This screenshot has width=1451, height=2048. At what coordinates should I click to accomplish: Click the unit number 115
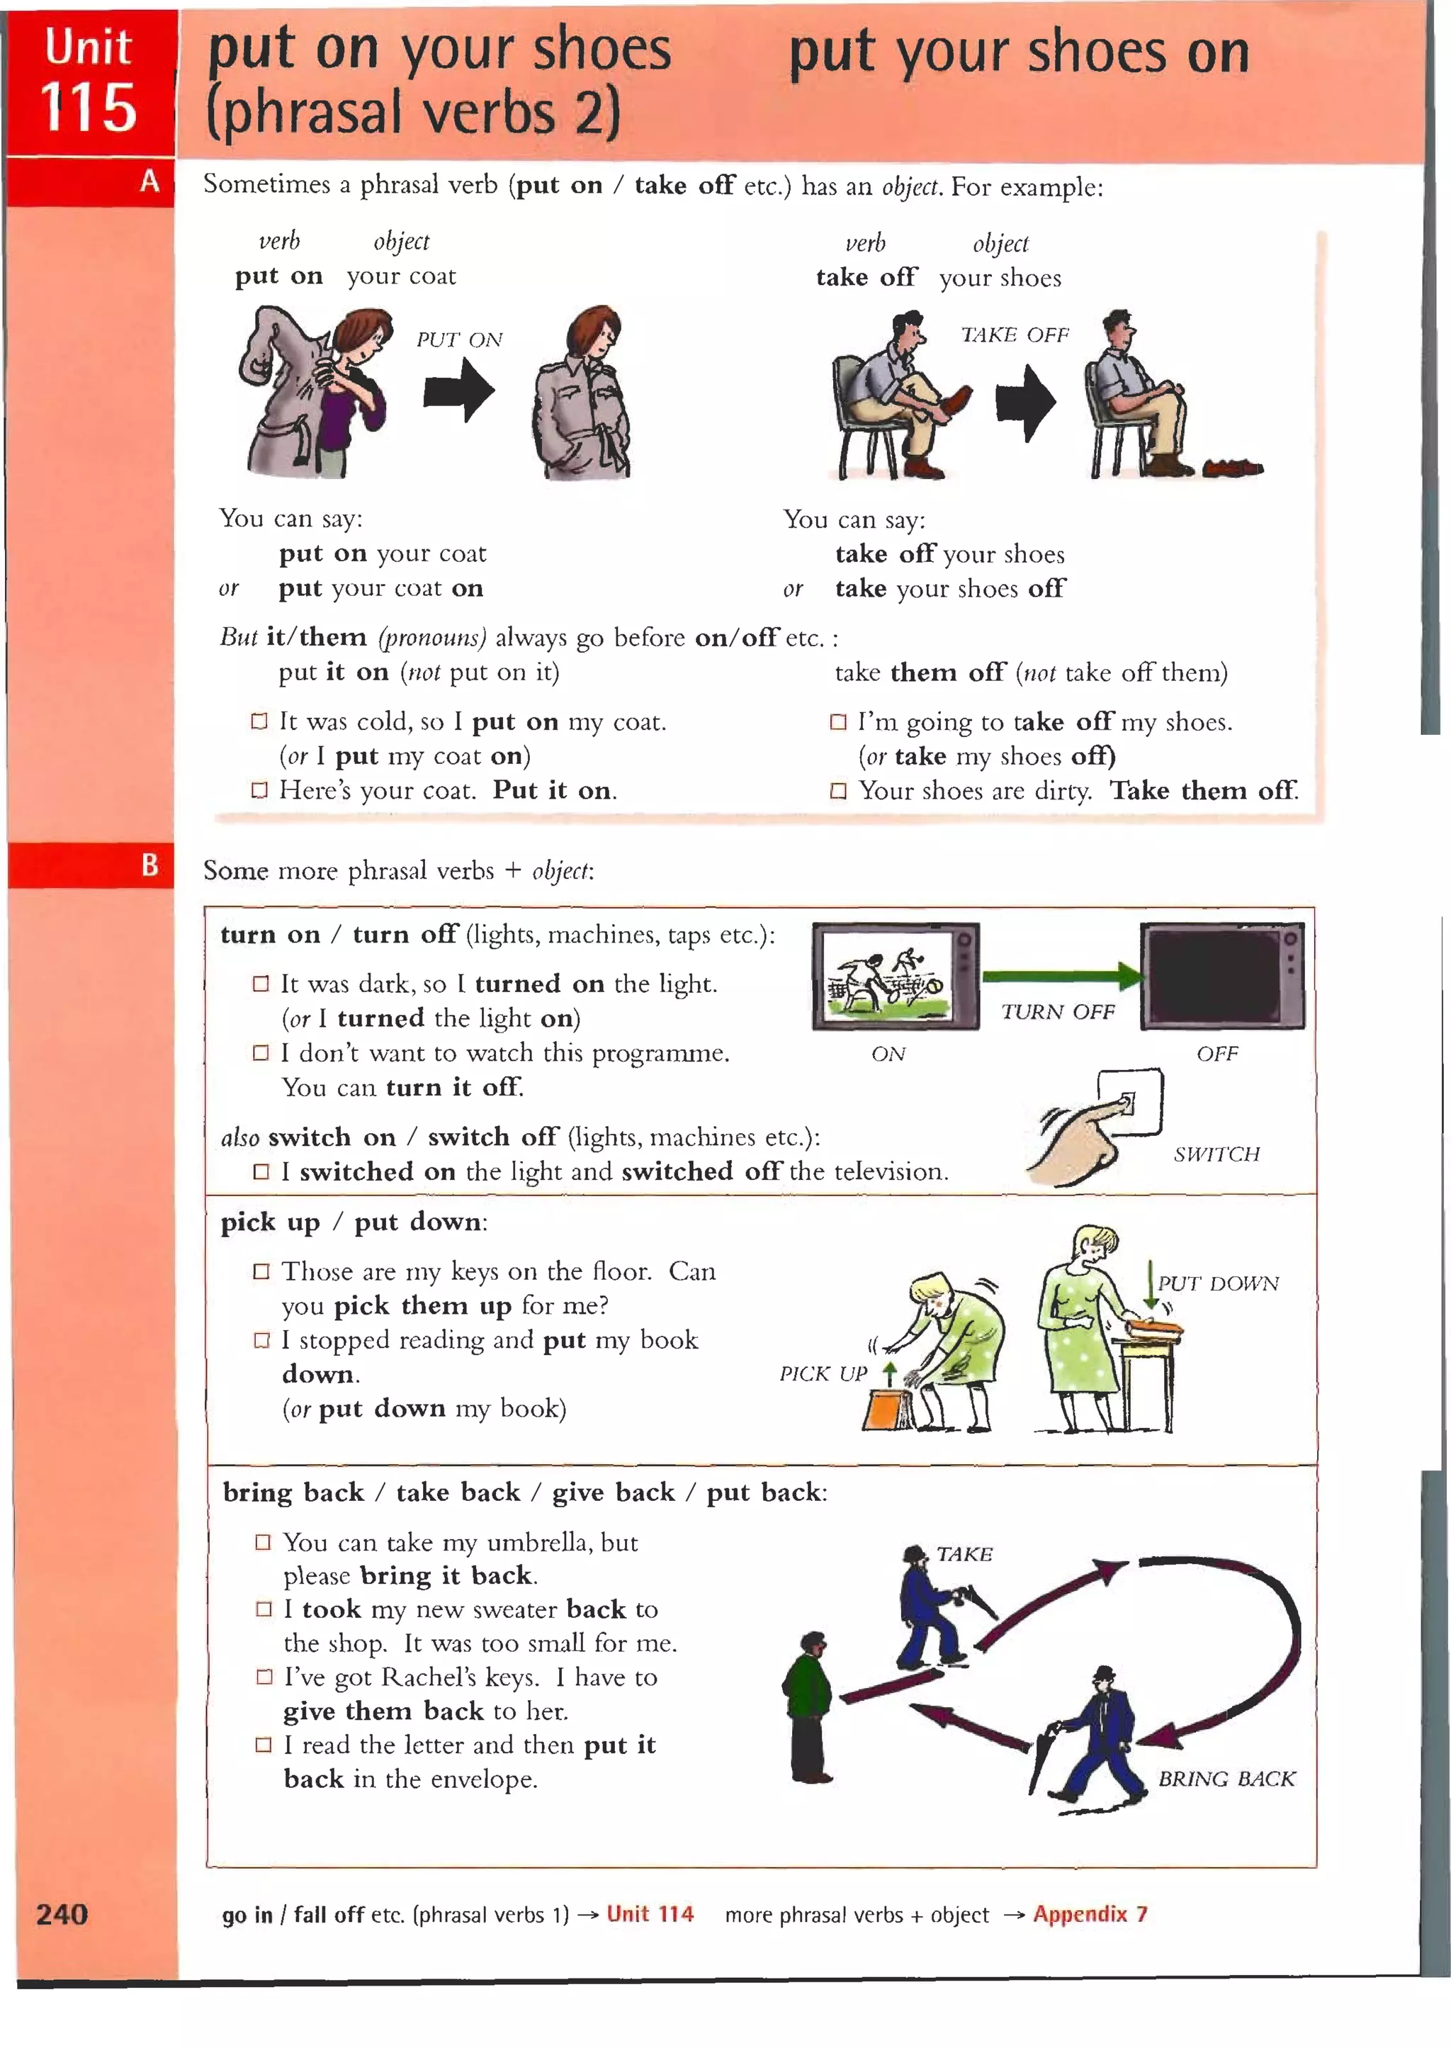click(89, 109)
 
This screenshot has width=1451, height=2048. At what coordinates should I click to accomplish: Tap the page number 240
click(62, 1914)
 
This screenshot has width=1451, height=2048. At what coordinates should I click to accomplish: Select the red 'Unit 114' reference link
click(650, 1914)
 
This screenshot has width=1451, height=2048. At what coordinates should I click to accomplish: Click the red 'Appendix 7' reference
click(1090, 1914)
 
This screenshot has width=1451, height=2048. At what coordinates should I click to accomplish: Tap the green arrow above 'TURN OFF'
click(1061, 977)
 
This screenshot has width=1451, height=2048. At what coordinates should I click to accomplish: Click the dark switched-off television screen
click(1221, 977)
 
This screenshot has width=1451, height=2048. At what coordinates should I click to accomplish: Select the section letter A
click(149, 181)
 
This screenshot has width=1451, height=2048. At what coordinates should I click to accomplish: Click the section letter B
click(149, 865)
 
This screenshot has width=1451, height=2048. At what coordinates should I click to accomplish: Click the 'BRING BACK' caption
click(1226, 1778)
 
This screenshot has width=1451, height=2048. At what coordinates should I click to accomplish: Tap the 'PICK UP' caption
click(823, 1373)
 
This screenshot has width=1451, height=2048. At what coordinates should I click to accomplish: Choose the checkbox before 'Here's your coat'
click(259, 790)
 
